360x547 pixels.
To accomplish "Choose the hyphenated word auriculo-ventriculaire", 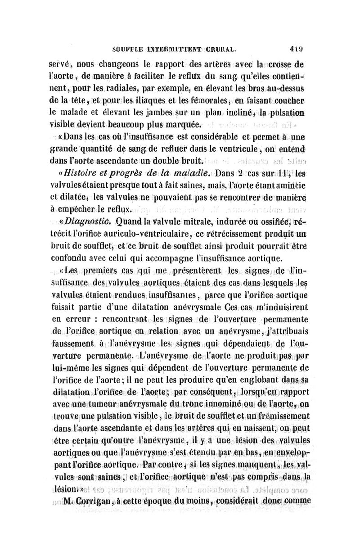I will (x=130, y=234).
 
